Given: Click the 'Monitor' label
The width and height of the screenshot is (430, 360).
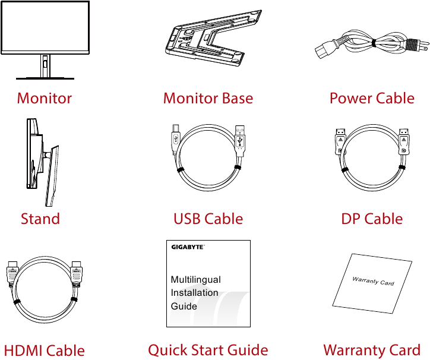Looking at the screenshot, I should [45, 98].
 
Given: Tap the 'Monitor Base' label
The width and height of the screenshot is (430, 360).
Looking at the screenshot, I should [208, 98].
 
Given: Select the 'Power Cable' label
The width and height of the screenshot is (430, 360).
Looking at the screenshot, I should [372, 98].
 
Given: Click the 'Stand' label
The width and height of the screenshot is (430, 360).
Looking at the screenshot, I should [40, 219].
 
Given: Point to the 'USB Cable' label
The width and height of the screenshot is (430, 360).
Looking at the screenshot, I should [208, 219].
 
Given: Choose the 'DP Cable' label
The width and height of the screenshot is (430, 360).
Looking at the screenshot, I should [372, 219].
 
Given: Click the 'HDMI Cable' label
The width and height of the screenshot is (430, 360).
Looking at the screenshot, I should [45, 350].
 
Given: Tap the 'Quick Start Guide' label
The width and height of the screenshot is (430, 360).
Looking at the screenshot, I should [208, 350].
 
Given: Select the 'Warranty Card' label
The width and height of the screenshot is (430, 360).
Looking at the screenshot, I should [372, 350].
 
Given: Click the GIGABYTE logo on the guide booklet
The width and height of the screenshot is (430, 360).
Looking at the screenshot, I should [188, 247].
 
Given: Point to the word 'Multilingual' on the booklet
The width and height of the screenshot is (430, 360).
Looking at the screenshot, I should [195, 279].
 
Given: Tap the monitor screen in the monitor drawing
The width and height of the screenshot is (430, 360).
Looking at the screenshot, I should [45, 27].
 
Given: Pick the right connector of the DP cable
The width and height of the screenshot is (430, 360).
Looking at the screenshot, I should [404, 143].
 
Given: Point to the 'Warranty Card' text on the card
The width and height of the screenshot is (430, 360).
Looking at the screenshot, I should [373, 280].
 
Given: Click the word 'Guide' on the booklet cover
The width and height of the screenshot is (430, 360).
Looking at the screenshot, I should [184, 307].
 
